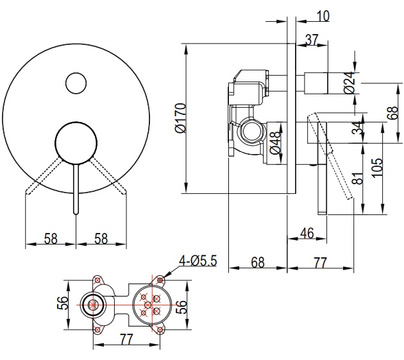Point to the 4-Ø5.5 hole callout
[199, 261]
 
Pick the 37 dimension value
[312, 40]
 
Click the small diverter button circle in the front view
[76, 83]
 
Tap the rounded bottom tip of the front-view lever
[76, 210]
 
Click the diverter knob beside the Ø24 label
[317, 82]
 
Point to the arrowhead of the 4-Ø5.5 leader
[166, 275]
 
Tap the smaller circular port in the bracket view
[94, 305]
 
